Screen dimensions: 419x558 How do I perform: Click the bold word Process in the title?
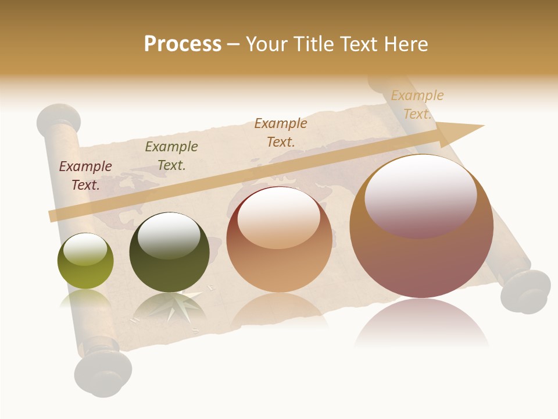[x=183, y=44]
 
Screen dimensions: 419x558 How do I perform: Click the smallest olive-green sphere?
[x=85, y=261]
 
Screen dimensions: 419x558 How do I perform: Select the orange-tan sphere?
[x=280, y=240]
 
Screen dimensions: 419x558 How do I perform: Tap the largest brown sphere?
[x=421, y=227]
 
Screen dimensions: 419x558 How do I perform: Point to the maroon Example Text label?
[x=85, y=175]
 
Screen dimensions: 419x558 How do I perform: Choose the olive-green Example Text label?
[x=171, y=156]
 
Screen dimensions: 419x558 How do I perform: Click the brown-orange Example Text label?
[x=281, y=132]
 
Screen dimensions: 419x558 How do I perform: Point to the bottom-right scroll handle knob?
[x=526, y=291]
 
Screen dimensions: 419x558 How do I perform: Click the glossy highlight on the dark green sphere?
[x=170, y=235]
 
